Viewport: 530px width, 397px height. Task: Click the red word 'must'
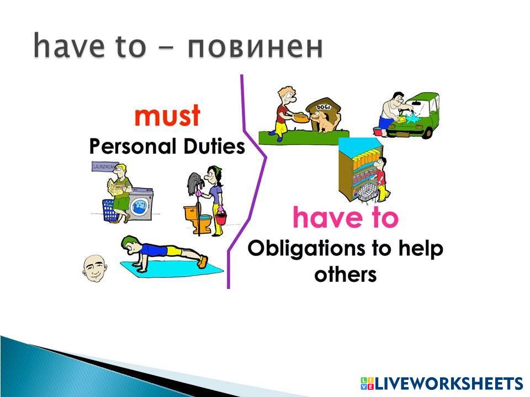click(x=167, y=115)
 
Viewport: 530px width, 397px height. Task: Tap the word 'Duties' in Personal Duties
click(x=214, y=147)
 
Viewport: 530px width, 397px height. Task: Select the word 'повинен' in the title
click(x=256, y=46)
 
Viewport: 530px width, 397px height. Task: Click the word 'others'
click(x=345, y=274)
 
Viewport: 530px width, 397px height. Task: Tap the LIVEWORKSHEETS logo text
click(x=442, y=383)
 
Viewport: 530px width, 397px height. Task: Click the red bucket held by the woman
click(x=221, y=218)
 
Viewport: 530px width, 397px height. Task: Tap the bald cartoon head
click(x=95, y=269)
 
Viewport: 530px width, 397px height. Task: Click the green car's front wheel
click(x=428, y=133)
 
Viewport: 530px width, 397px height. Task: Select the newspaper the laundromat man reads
click(x=115, y=187)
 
